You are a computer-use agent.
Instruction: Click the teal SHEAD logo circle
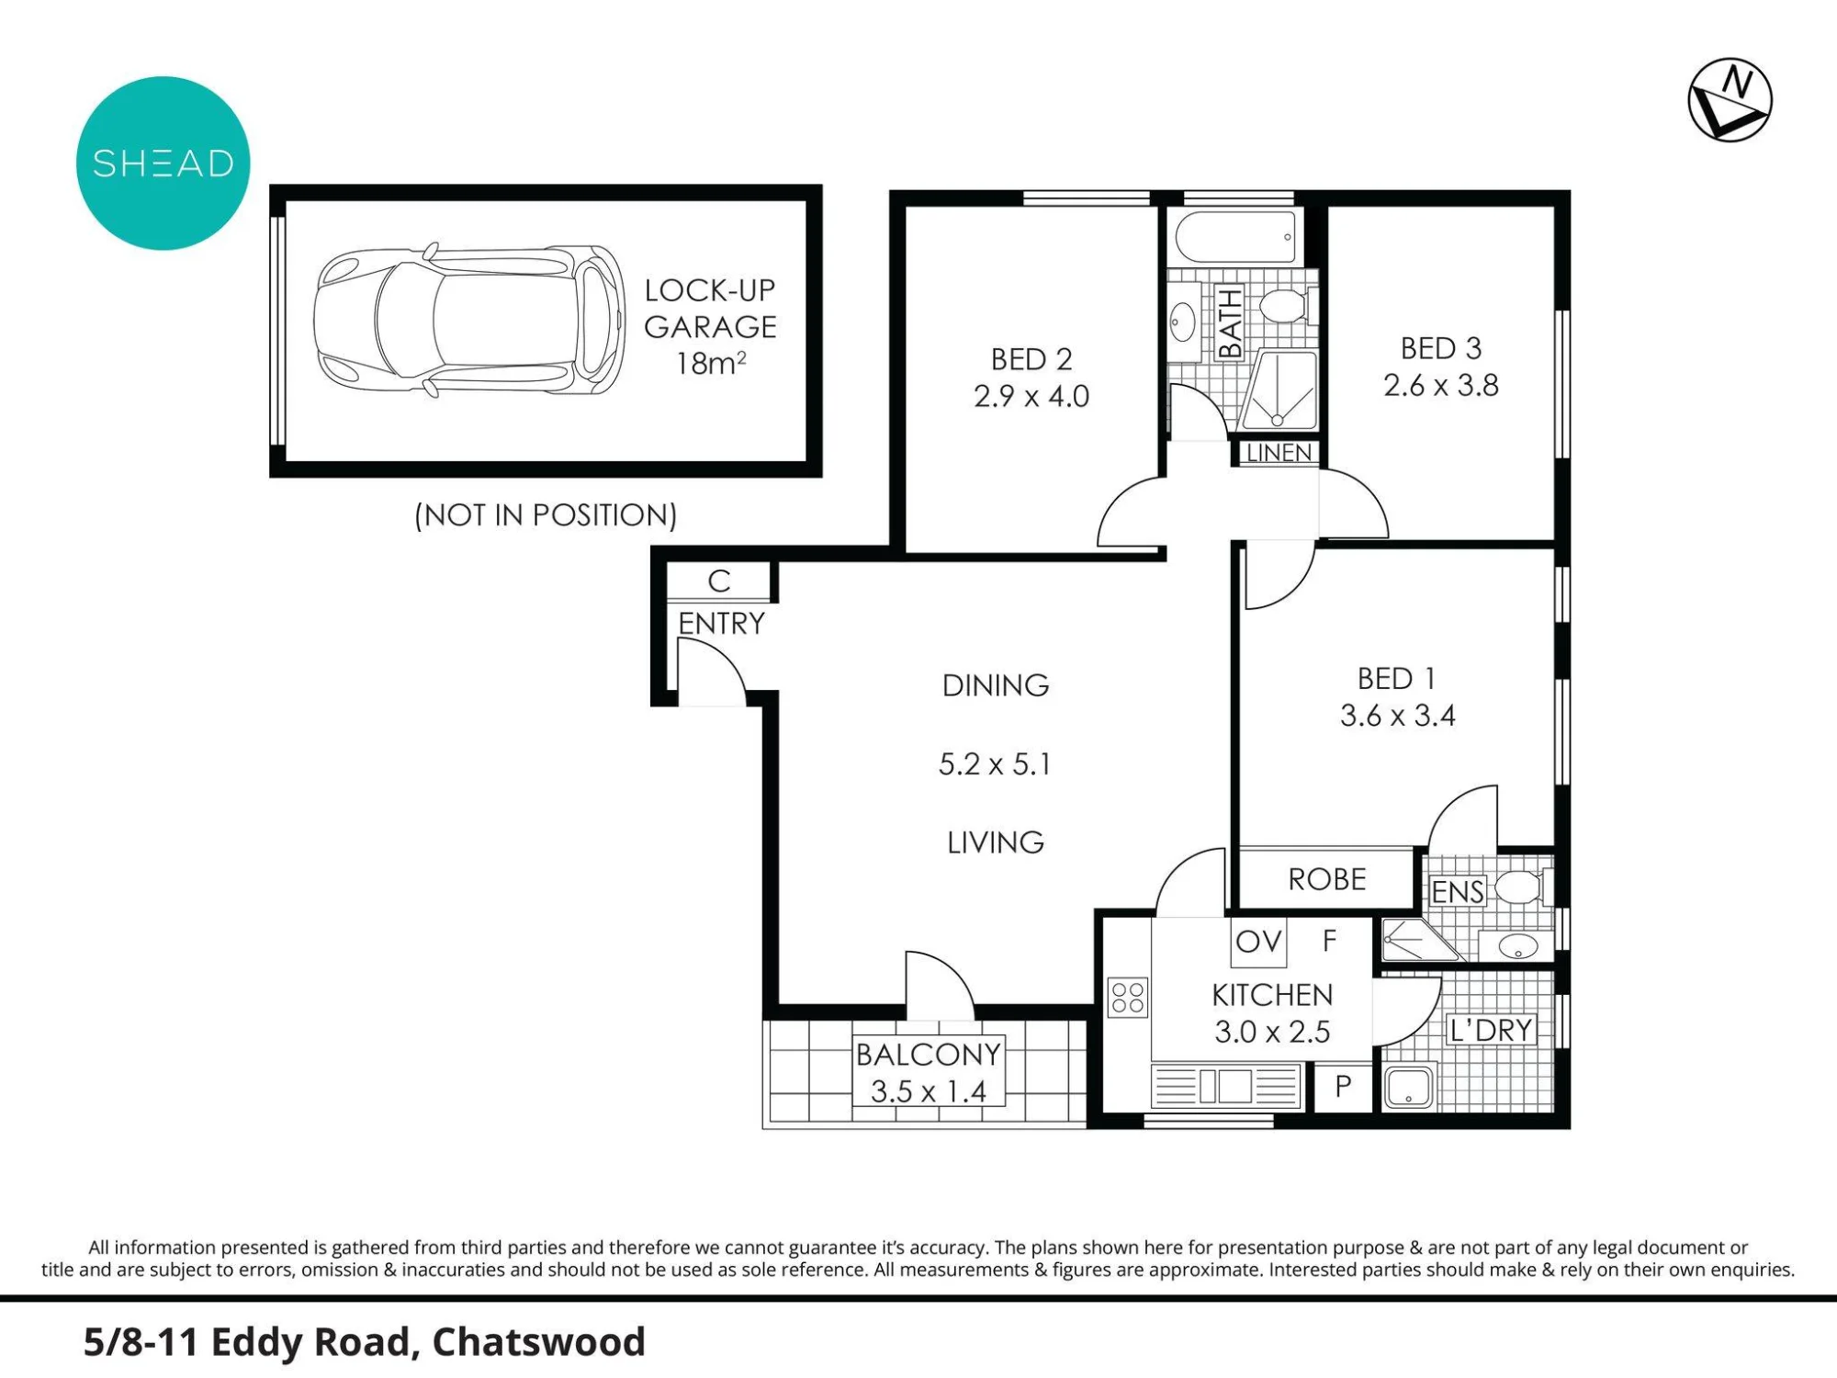(x=163, y=164)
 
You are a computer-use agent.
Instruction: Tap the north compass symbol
(x=1730, y=101)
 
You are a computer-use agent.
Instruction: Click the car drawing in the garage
(x=469, y=321)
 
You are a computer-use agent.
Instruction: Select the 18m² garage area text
(x=711, y=363)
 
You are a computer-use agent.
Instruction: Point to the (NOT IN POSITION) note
(x=546, y=514)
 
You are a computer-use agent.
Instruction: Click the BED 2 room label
(x=1031, y=358)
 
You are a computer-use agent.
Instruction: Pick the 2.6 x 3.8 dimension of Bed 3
(x=1441, y=385)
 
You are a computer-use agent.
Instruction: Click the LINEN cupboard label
(x=1279, y=453)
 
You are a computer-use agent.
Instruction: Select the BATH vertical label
(x=1230, y=322)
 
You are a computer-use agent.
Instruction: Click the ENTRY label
(x=721, y=624)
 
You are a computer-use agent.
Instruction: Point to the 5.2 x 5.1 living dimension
(x=995, y=763)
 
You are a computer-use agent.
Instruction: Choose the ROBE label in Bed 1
(x=1327, y=879)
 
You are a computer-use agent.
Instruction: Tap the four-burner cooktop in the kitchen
(x=1128, y=998)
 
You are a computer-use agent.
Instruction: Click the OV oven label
(x=1258, y=941)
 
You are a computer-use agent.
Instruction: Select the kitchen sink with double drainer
(x=1226, y=1086)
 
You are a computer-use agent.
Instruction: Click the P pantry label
(x=1343, y=1086)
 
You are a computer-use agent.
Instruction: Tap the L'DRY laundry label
(x=1490, y=1030)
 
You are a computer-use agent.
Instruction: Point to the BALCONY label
(x=929, y=1054)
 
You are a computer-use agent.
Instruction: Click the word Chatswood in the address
(x=539, y=1342)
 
